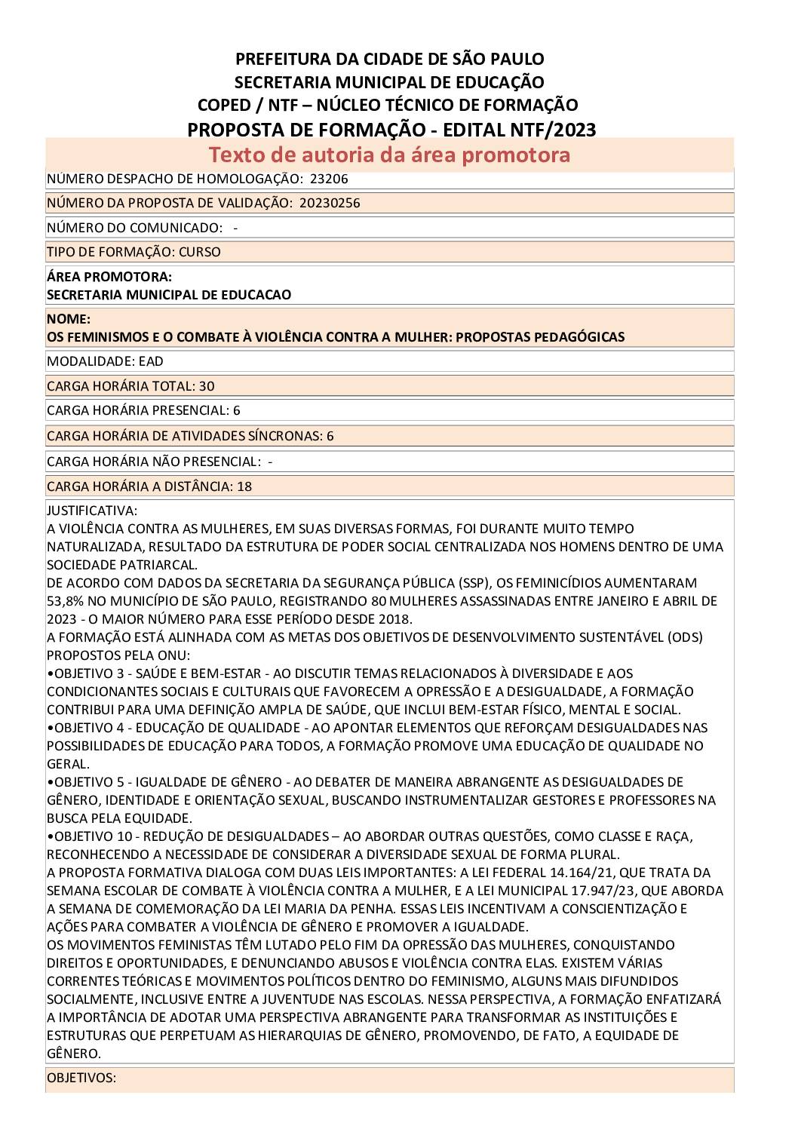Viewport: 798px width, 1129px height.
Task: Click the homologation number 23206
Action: coord(334,179)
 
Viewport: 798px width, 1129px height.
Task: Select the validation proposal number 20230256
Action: coord(329,203)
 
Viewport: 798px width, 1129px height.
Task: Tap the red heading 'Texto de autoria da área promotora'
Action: coord(389,155)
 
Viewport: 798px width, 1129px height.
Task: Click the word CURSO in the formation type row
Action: coord(200,252)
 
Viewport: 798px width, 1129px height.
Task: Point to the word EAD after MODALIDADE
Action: coord(151,360)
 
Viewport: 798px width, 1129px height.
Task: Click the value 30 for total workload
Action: coord(207,386)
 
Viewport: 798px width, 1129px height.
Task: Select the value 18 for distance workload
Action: coord(244,486)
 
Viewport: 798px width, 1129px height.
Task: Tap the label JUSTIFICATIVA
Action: coord(92,511)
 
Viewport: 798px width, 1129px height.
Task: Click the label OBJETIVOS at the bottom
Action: coord(81,1078)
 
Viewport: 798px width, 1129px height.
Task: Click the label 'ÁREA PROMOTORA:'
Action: coord(109,278)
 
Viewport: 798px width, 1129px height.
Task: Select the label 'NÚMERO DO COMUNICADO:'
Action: coord(134,228)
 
